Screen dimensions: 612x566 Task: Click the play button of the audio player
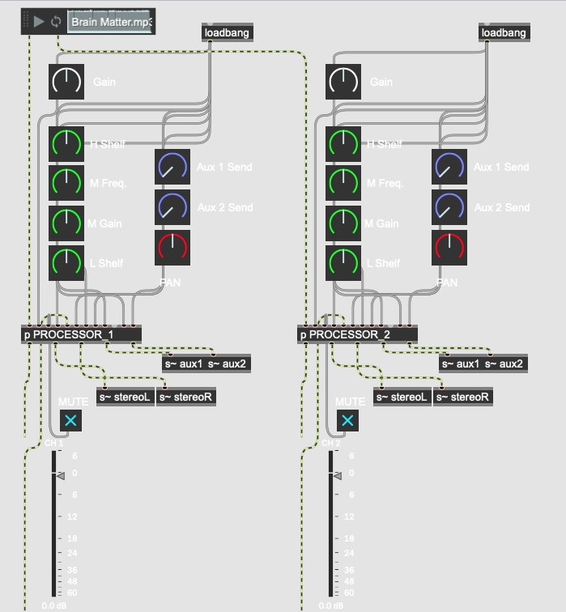[39, 22]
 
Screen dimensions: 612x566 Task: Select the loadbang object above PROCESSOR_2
[504, 32]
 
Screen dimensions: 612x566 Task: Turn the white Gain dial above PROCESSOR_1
[66, 82]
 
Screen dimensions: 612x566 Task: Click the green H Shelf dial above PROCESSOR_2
[343, 144]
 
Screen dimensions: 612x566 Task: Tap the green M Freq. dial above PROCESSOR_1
[66, 183]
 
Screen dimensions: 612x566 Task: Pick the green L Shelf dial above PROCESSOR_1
[66, 263]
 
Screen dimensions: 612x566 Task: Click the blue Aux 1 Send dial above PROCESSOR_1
[172, 167]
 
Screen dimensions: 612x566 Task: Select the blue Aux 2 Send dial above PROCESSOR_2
[449, 207]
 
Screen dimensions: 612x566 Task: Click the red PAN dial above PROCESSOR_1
[172, 248]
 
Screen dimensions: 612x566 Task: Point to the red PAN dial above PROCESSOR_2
[449, 248]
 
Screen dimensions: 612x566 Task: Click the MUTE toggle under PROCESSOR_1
[70, 420]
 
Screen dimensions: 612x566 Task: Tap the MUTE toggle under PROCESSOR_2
[347, 420]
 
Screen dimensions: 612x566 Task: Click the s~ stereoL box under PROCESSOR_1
[126, 397]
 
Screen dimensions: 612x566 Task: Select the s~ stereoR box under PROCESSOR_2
[463, 397]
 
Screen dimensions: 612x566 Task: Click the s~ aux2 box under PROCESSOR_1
[227, 363]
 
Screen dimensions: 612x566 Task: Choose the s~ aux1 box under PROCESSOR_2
[460, 363]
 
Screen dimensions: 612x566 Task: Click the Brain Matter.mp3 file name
[111, 22]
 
